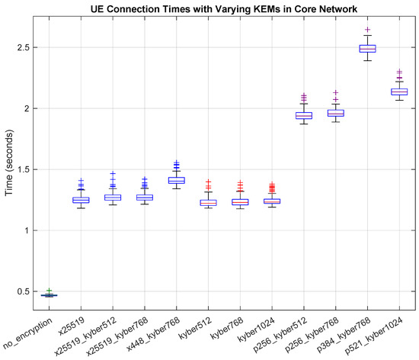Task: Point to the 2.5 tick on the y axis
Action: coord(30,47)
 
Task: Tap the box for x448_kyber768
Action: coord(176,180)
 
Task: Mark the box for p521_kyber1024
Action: coord(399,92)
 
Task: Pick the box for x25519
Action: coord(81,200)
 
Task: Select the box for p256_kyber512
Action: coord(304,116)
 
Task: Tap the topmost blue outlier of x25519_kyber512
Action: coord(113,174)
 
